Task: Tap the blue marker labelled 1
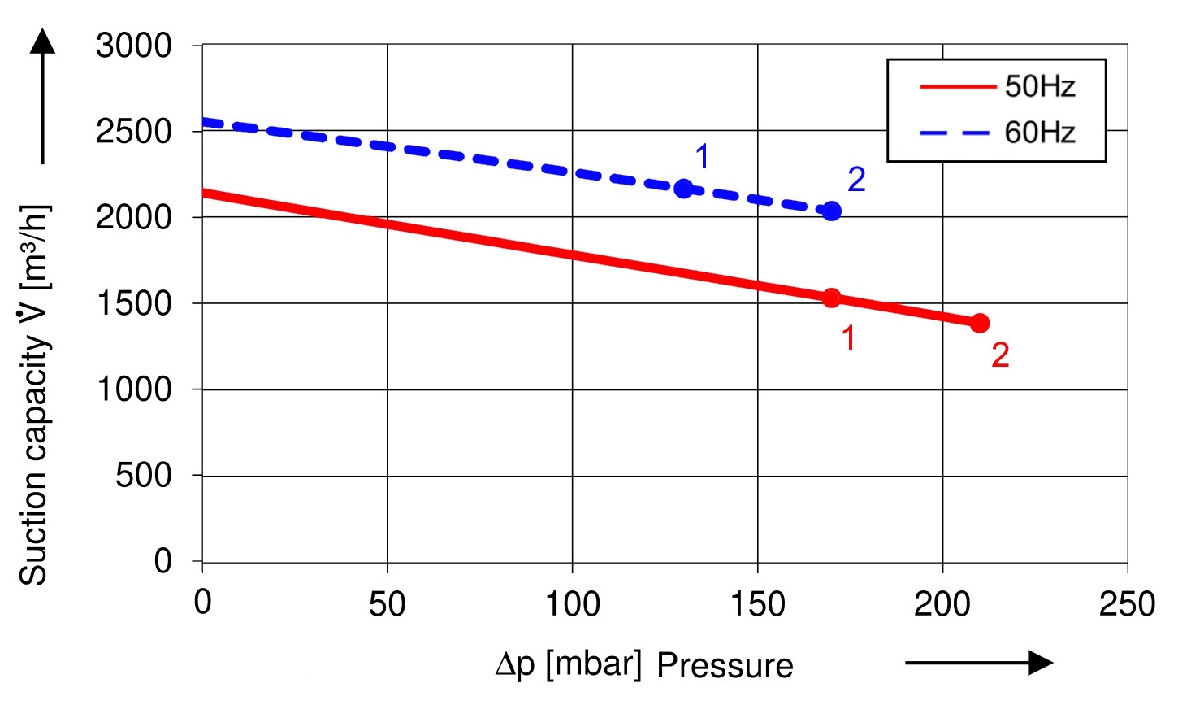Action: tap(683, 189)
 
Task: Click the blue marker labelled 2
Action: tap(831, 211)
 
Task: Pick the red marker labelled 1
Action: tap(831, 298)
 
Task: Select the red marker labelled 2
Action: tap(980, 324)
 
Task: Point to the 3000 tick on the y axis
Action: tap(134, 46)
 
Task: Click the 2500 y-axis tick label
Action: tap(134, 132)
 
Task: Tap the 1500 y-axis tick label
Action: tap(134, 304)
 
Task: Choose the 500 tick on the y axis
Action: tap(144, 476)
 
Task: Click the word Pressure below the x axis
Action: tap(725, 666)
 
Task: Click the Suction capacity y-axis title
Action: tap(34, 394)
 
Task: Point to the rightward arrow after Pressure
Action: tap(979, 663)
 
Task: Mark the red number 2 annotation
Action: tap(1000, 355)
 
